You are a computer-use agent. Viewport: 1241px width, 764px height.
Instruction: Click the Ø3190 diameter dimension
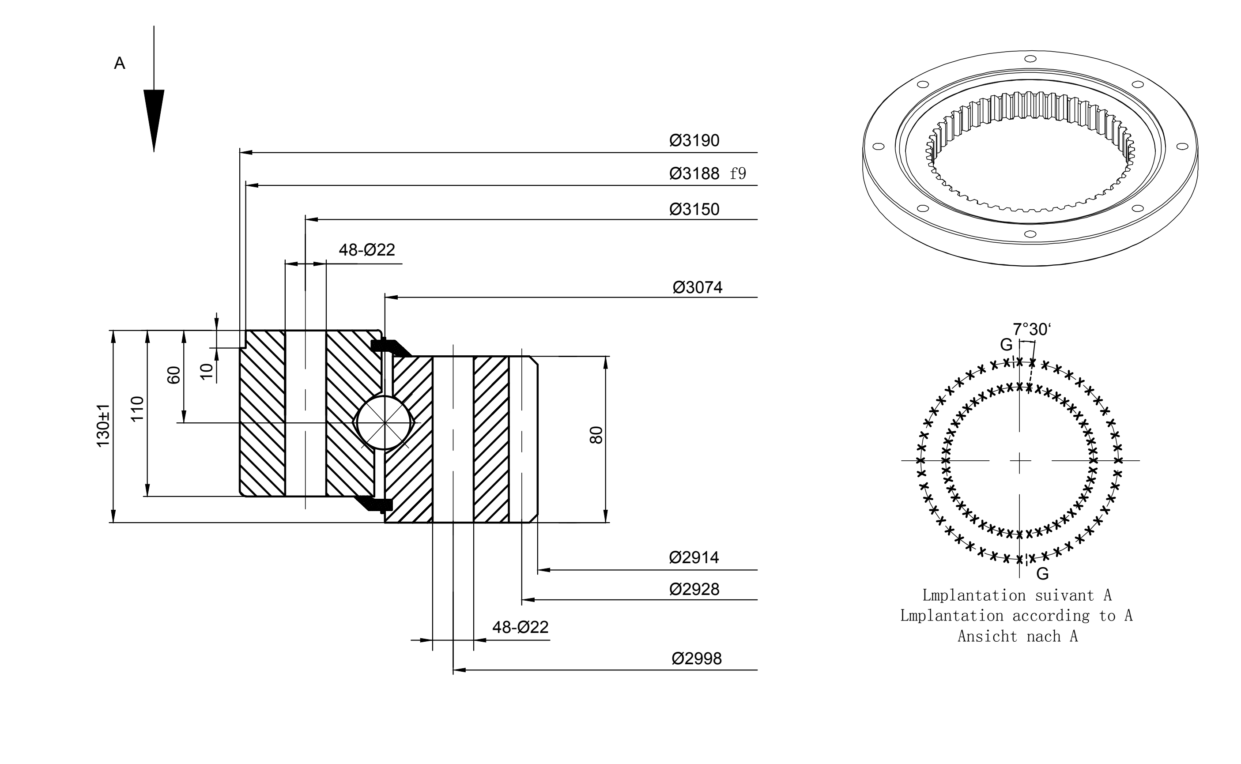[694, 140]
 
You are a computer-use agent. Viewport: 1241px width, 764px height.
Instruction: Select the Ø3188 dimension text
[694, 174]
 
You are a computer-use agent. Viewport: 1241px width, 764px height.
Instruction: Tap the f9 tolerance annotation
[738, 174]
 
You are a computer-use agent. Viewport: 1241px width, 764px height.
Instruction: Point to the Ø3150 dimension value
[694, 209]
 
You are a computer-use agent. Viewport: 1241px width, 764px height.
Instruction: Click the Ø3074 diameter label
[697, 287]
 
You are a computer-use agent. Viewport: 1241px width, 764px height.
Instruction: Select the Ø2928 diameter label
[694, 589]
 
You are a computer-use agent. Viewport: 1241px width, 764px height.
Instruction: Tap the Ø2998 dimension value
[697, 659]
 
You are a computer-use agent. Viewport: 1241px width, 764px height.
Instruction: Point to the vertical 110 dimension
[137, 408]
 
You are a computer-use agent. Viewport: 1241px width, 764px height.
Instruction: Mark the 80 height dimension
[596, 435]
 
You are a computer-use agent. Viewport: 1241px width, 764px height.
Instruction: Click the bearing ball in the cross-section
[385, 422]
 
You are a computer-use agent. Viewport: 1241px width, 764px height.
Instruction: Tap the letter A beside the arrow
[120, 63]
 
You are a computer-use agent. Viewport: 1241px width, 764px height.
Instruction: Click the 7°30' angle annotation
[1032, 329]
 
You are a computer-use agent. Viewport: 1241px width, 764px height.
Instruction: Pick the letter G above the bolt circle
[1007, 345]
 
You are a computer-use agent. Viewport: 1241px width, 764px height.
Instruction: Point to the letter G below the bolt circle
[1042, 573]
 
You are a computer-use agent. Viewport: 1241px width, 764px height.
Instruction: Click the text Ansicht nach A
[1018, 636]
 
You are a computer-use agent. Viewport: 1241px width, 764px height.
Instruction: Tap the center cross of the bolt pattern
[1020, 461]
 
